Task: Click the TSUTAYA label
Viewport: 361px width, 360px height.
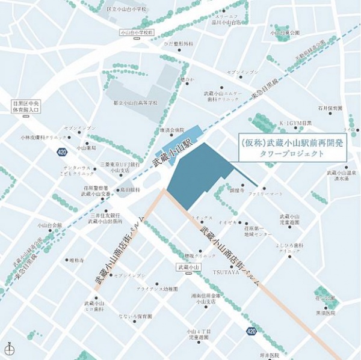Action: click(x=226, y=272)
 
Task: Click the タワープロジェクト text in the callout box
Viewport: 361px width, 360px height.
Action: click(x=292, y=154)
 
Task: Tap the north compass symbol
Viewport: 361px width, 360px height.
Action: click(x=9, y=349)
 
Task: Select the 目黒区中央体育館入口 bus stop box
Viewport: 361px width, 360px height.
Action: click(x=26, y=106)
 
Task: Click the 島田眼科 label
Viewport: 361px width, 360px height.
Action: click(x=129, y=189)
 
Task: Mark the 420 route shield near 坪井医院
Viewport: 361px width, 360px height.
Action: click(x=251, y=331)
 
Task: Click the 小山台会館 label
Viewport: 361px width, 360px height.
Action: click(x=49, y=225)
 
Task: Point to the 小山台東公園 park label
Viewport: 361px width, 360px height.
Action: click(x=285, y=33)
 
